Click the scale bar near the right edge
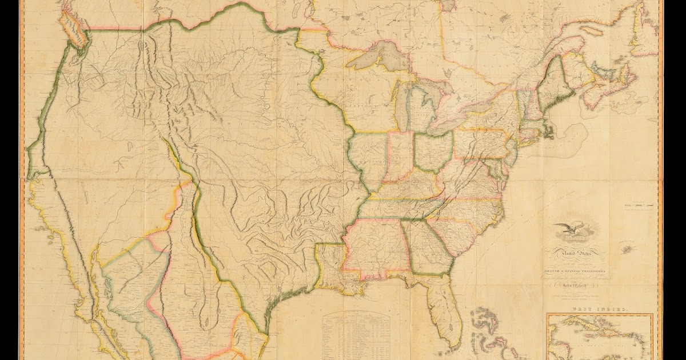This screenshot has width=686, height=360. (640, 204)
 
